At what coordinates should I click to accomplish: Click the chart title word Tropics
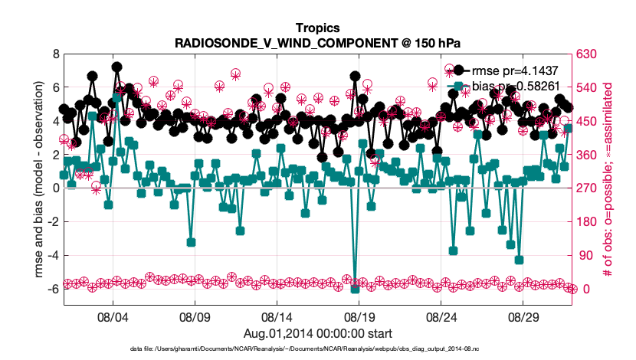317,28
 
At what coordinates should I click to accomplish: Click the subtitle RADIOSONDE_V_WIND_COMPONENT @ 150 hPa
317,43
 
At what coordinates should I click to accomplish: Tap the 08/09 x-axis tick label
195,316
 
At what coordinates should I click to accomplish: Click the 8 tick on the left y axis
54,54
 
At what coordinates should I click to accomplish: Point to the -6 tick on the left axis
52,290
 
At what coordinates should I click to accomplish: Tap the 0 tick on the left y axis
54,188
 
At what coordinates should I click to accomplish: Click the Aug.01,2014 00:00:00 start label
317,332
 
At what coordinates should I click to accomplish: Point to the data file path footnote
317,349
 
